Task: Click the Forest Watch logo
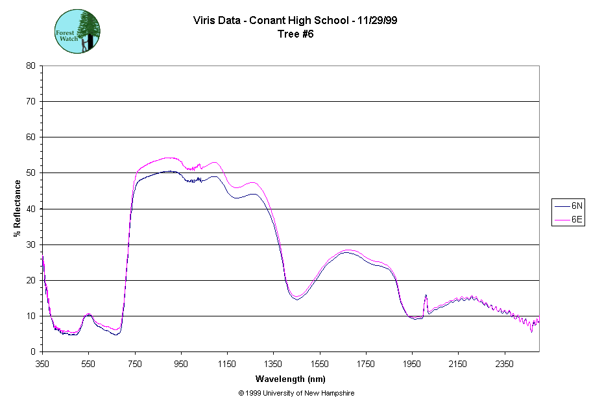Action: tap(77, 30)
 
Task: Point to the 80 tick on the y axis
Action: tap(30, 65)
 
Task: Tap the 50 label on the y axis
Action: tap(30, 173)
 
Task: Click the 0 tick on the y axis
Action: tap(33, 352)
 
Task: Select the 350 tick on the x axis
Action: tap(42, 364)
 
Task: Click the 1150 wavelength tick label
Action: tap(227, 364)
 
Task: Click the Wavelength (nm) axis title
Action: tap(290, 379)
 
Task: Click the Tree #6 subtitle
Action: tap(295, 34)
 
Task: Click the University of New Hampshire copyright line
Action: tap(296, 393)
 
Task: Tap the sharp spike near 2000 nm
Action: tap(426, 296)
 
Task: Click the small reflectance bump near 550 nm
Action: tap(88, 315)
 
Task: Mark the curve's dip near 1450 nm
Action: tap(296, 298)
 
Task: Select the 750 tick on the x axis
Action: tap(135, 364)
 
